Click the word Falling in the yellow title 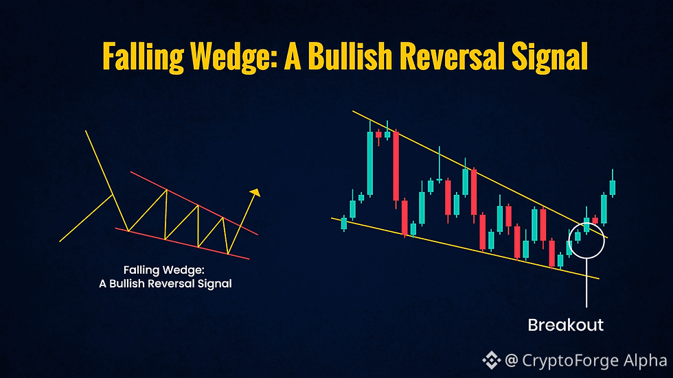143,56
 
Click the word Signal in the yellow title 549,56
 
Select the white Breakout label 565,325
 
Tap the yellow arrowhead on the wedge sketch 255,192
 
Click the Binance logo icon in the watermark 492,360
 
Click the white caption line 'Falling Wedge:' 164,270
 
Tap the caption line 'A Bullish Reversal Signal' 166,283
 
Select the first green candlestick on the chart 344,223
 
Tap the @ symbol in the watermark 511,360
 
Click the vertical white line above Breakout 586,283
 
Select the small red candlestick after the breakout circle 595,220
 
